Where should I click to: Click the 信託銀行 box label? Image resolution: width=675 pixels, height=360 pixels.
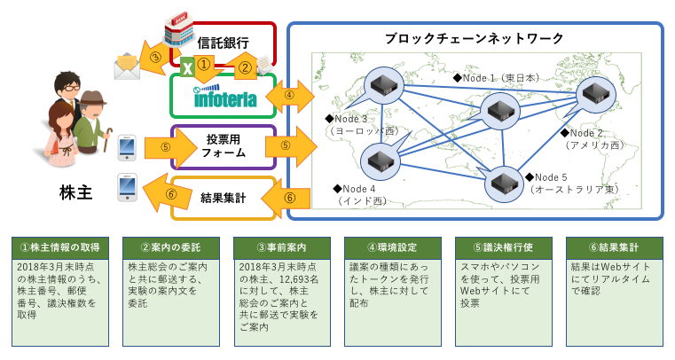pyautogui.click(x=223, y=43)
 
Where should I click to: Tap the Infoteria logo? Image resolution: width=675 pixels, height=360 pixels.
pyautogui.click(x=225, y=98)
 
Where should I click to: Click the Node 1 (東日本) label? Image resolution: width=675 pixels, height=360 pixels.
pyautogui.click(x=496, y=78)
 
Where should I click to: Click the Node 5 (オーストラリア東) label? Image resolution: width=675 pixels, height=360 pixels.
pyautogui.click(x=577, y=184)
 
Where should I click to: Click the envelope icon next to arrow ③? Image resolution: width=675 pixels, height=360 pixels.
pyautogui.click(x=127, y=66)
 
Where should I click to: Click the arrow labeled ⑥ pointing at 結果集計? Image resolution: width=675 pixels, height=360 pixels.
pyautogui.click(x=289, y=197)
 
